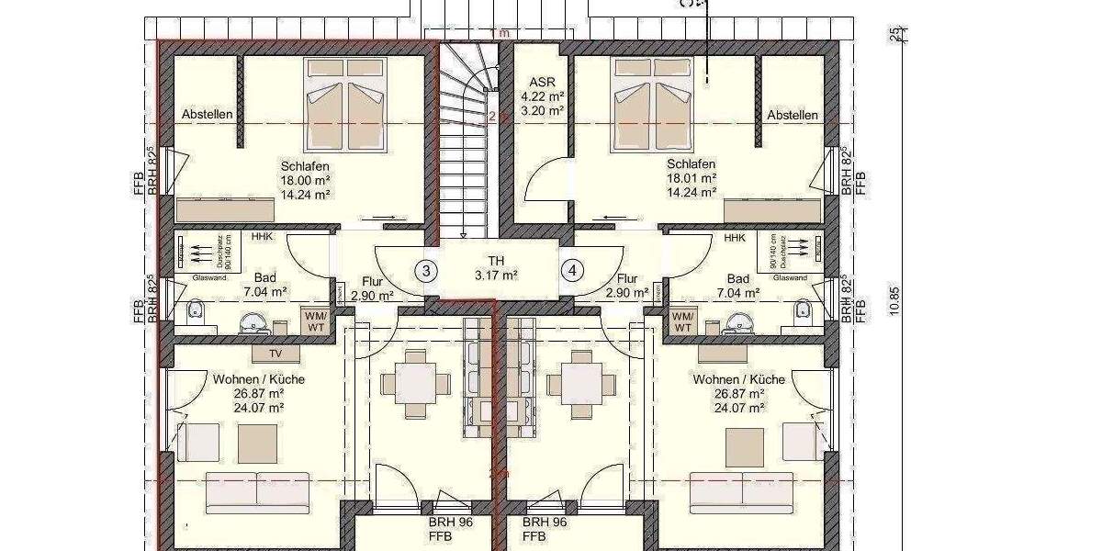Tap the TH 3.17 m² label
[x=497, y=267]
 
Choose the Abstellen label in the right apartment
[x=793, y=115]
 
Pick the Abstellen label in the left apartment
[x=207, y=115]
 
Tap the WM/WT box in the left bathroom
[x=315, y=320]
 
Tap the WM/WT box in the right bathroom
[x=682, y=320]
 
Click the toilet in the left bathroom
[x=195, y=311]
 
